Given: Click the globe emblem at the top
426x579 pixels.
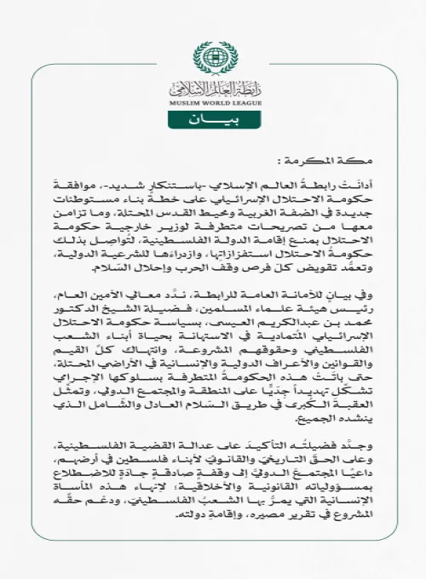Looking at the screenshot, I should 213,57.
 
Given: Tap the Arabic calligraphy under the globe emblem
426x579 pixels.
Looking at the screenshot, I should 213,85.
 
